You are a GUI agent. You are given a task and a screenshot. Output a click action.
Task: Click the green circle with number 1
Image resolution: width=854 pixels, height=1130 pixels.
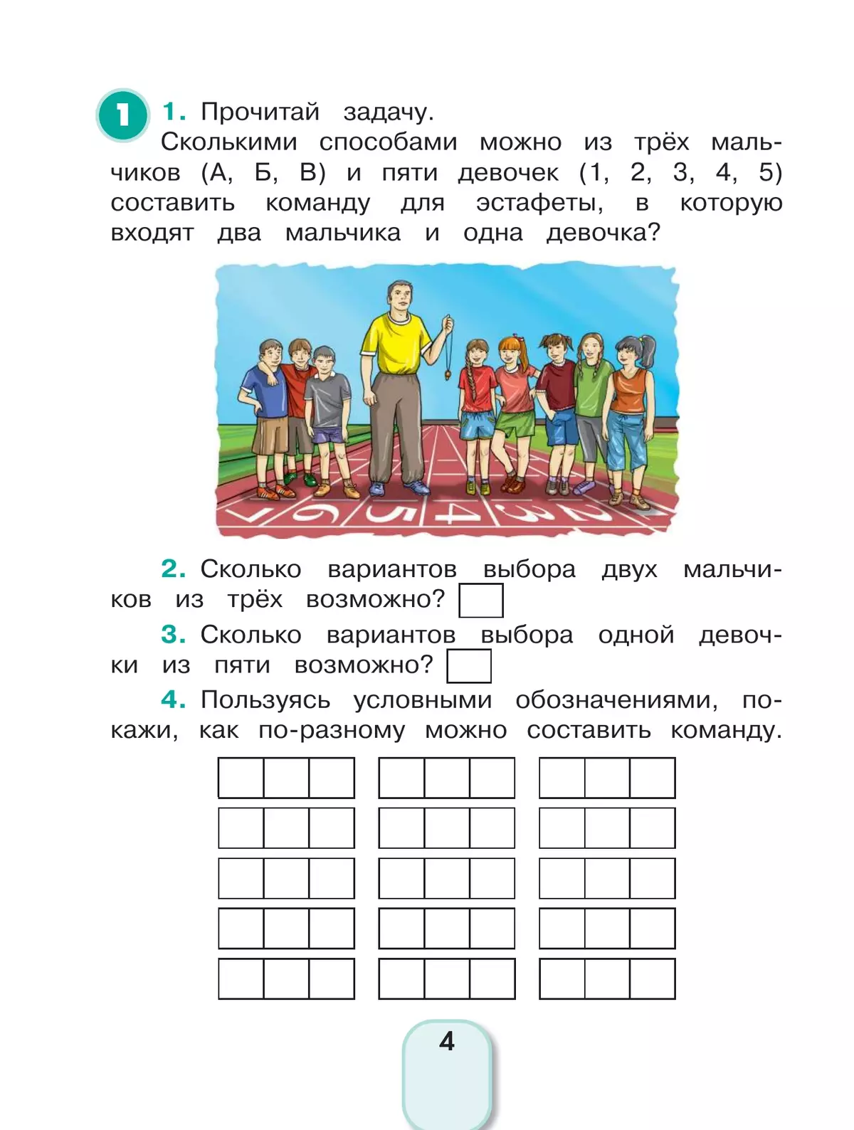click(122, 114)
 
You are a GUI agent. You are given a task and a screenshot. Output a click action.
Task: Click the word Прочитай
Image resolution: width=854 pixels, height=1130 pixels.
click(260, 112)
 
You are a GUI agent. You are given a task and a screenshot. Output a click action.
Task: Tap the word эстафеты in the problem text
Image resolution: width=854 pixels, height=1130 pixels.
click(539, 204)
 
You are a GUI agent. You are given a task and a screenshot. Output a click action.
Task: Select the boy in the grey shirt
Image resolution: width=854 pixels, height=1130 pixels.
click(327, 398)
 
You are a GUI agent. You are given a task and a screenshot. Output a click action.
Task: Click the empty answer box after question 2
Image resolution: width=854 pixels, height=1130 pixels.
click(481, 600)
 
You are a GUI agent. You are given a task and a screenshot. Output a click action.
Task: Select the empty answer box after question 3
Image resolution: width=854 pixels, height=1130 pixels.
click(469, 666)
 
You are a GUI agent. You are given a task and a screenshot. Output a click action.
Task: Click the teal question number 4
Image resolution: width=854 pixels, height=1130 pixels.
click(173, 699)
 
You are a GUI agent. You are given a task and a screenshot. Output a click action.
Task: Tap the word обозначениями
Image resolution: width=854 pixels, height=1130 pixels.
click(616, 700)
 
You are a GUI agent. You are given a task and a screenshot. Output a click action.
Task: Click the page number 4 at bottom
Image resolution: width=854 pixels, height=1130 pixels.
click(447, 1041)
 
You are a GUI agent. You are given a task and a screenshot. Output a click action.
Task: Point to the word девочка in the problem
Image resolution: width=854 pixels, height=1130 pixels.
click(603, 233)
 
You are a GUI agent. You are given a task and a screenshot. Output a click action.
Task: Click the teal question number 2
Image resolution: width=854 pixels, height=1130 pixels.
click(173, 569)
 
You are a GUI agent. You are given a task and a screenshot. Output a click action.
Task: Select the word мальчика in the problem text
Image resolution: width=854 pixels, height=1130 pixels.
click(343, 233)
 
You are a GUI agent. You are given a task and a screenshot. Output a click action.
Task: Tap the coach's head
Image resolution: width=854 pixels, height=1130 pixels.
click(398, 297)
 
